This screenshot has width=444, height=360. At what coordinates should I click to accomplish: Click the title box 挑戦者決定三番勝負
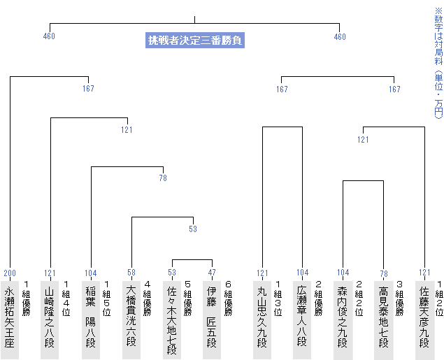(x=195, y=40)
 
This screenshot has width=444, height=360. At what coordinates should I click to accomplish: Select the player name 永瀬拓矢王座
(x=10, y=317)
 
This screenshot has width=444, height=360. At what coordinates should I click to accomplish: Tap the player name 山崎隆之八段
(x=50, y=317)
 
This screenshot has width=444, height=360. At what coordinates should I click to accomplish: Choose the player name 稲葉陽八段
(x=91, y=317)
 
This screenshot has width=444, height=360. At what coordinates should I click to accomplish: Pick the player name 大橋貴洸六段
(x=131, y=317)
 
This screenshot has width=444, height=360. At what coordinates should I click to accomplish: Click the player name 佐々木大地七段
(x=171, y=320)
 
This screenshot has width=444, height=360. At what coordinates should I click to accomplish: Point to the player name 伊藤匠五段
(x=212, y=317)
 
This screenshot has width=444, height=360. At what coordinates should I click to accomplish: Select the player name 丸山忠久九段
(x=262, y=317)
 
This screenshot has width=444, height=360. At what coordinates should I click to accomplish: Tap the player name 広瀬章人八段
(x=302, y=317)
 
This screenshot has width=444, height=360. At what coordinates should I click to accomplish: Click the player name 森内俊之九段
(x=343, y=317)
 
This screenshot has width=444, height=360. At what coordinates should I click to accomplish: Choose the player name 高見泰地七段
(x=383, y=317)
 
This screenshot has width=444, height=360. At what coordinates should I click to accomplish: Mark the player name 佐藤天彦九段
(x=424, y=317)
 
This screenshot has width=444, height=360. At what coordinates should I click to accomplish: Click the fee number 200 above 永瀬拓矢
(x=10, y=273)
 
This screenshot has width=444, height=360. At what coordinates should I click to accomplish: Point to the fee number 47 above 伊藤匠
(x=212, y=272)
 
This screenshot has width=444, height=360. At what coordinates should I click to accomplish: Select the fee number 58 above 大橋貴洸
(x=131, y=272)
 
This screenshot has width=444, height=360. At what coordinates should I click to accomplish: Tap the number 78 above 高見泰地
(x=384, y=274)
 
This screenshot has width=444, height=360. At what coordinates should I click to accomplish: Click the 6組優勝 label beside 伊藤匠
(x=228, y=298)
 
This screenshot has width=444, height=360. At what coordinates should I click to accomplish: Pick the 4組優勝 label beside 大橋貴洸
(x=148, y=298)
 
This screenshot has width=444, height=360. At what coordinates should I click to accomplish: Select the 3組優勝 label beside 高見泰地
(x=399, y=298)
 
